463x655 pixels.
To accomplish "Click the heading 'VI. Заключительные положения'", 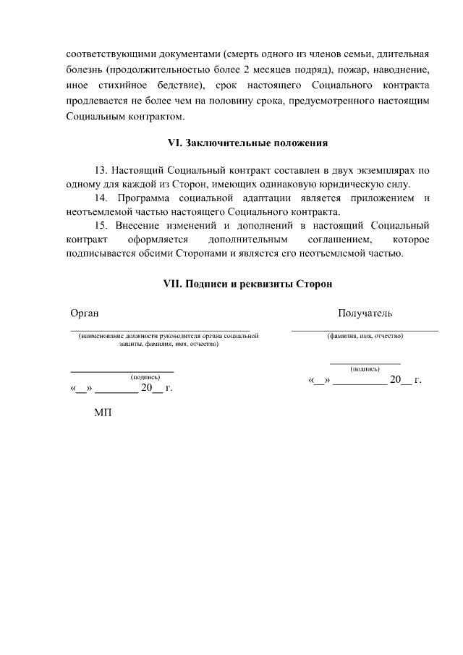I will pos(247,143).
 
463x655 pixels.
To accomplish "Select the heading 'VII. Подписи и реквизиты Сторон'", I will pos(247,284).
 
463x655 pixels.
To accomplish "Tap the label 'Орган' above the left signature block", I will pos(84,313).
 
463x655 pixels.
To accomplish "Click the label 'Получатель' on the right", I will pos(365,313).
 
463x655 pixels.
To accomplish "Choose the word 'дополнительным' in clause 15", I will pos(248,240).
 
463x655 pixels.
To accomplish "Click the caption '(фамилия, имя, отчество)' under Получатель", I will pos(365,337).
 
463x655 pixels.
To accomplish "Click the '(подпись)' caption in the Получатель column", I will pos(365,369).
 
